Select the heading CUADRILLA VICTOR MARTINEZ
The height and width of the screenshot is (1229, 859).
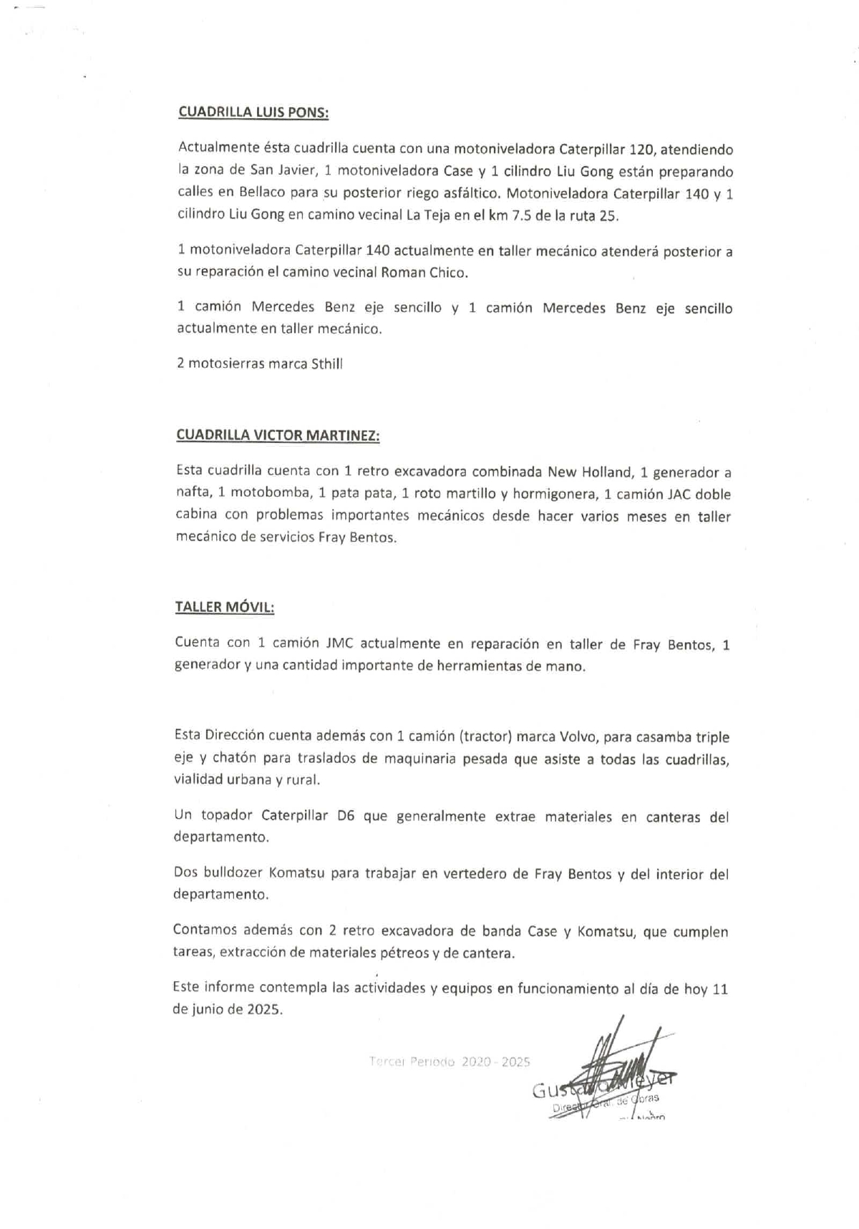tap(278, 435)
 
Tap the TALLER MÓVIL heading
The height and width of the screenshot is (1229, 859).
tap(224, 607)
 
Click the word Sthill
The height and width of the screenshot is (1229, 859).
tap(327, 364)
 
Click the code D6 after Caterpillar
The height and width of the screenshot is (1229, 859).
tap(346, 816)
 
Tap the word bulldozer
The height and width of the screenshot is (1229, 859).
tap(230, 874)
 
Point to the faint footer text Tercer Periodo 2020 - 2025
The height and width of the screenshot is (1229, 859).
tap(450, 1062)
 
